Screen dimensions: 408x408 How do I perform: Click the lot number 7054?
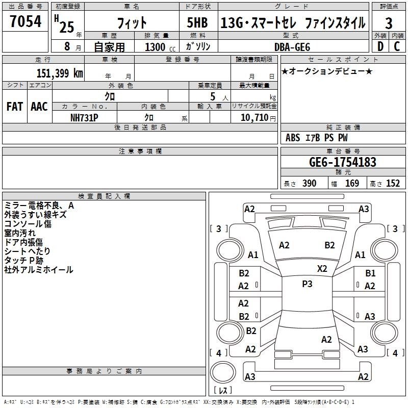click(x=25, y=21)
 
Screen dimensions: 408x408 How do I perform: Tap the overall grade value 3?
click(x=389, y=23)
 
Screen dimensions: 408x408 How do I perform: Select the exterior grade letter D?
click(x=380, y=46)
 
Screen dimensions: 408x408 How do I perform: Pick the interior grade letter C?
click(x=397, y=46)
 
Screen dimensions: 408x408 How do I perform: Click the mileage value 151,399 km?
click(x=60, y=73)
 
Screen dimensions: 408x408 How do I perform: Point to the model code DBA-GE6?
click(x=292, y=47)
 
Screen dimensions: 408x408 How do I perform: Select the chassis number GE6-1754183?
click(x=343, y=162)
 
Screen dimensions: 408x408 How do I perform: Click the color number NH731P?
click(x=84, y=118)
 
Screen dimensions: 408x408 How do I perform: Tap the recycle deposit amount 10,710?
click(x=254, y=117)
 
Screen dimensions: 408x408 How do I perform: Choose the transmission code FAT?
click(x=15, y=107)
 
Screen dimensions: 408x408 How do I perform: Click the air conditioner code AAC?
click(x=39, y=107)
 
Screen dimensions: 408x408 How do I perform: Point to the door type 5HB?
click(x=197, y=22)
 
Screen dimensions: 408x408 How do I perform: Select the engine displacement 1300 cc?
click(x=160, y=47)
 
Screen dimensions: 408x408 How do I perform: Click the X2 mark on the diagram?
click(x=322, y=268)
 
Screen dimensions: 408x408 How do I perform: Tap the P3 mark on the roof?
click(x=307, y=284)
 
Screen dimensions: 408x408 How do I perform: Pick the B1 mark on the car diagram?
click(x=370, y=273)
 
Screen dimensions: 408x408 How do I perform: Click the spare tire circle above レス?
click(x=223, y=372)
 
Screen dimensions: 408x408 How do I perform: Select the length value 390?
click(x=310, y=183)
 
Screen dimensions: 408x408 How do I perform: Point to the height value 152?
click(x=393, y=183)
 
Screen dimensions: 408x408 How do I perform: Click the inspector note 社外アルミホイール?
click(x=39, y=270)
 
